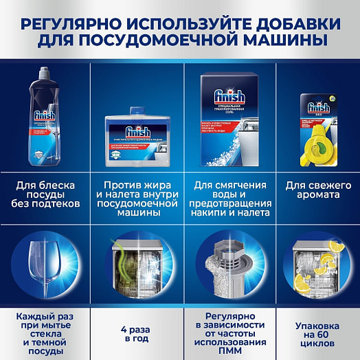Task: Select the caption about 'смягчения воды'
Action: pyautogui.click(x=227, y=198)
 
